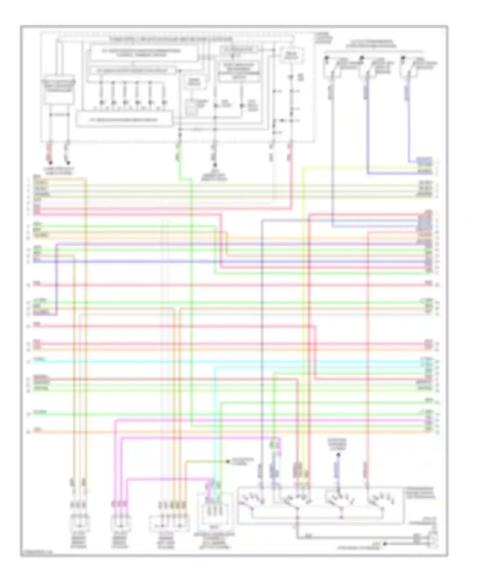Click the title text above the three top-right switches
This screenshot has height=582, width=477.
[x=371, y=44]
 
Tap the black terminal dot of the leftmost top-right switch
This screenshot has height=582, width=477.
[x=327, y=58]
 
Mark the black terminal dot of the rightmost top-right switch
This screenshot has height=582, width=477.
[x=403, y=58]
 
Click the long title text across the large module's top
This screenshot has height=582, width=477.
[x=171, y=39]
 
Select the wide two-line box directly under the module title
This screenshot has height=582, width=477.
[x=144, y=53]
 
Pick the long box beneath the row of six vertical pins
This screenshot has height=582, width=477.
[x=125, y=120]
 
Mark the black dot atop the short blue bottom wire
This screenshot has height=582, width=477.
[x=338, y=455]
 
